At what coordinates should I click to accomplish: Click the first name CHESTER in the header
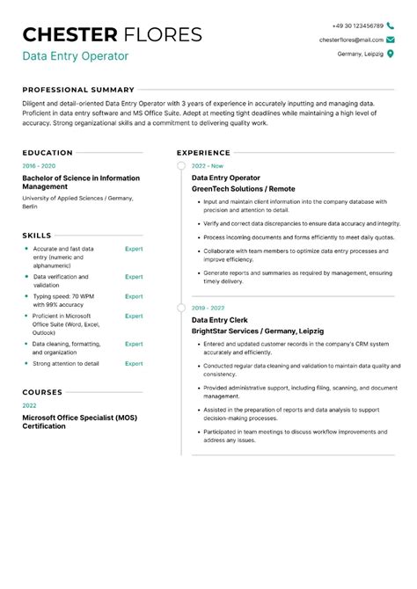[x=69, y=35]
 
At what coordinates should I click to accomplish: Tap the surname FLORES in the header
[x=165, y=35]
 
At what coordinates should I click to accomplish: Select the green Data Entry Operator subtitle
[x=76, y=56]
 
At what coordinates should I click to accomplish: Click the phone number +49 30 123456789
[x=357, y=26]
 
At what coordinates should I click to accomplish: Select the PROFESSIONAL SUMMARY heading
[x=78, y=90]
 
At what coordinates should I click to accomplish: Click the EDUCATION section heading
[x=48, y=152]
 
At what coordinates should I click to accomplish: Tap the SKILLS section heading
[x=37, y=236]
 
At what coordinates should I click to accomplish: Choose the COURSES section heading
[x=42, y=392]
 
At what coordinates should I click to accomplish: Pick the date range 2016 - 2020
[x=39, y=165]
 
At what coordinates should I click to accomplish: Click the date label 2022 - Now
[x=208, y=165]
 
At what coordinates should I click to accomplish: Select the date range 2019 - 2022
[x=209, y=309]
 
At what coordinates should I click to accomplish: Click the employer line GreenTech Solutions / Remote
[x=243, y=188]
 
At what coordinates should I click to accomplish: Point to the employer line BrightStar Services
[x=245, y=331]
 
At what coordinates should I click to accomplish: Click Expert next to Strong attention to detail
[x=134, y=363]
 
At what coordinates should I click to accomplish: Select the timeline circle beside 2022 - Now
[x=181, y=165]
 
